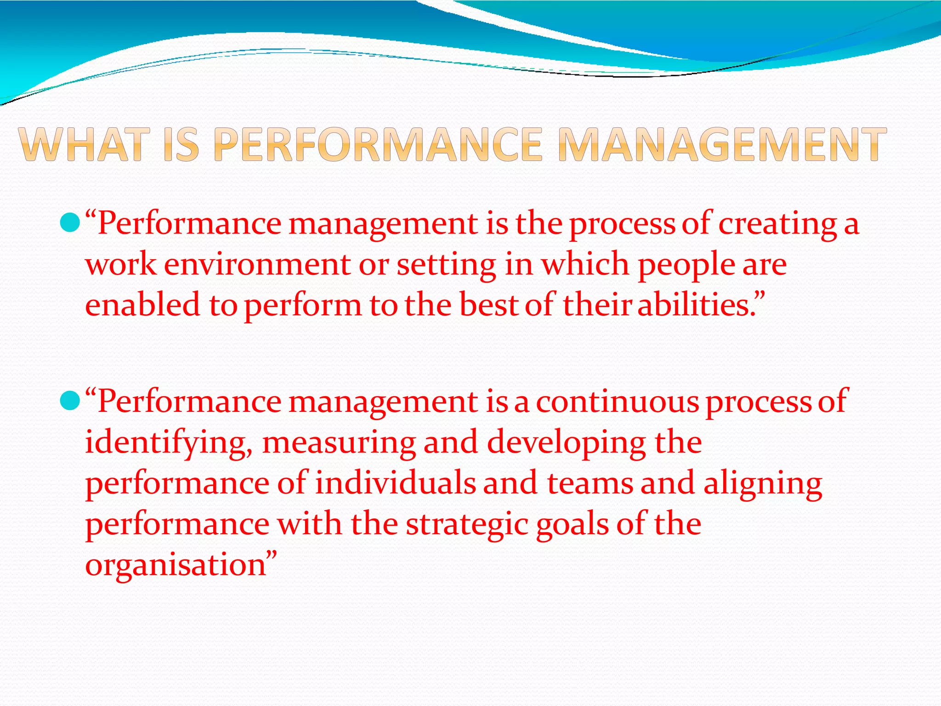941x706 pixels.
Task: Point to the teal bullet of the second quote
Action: coord(70,401)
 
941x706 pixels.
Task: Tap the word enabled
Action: coord(143,305)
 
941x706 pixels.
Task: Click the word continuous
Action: coord(617,402)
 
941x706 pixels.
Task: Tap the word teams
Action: coord(590,484)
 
